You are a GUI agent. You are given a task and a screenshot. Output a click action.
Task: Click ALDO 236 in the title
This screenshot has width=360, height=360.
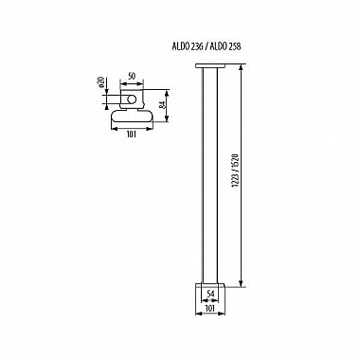185,46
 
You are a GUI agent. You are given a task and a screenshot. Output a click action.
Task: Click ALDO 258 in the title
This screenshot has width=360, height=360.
225,46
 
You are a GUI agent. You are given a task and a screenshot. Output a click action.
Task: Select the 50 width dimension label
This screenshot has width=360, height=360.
132,77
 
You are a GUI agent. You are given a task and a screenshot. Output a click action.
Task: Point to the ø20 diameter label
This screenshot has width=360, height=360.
101,81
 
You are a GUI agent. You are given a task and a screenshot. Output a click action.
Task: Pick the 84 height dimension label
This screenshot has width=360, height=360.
161,105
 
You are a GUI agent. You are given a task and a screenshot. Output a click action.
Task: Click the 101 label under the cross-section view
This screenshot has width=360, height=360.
131,135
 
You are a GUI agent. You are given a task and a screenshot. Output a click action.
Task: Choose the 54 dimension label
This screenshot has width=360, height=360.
210,294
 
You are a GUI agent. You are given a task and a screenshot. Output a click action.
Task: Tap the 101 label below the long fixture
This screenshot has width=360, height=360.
210,308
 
